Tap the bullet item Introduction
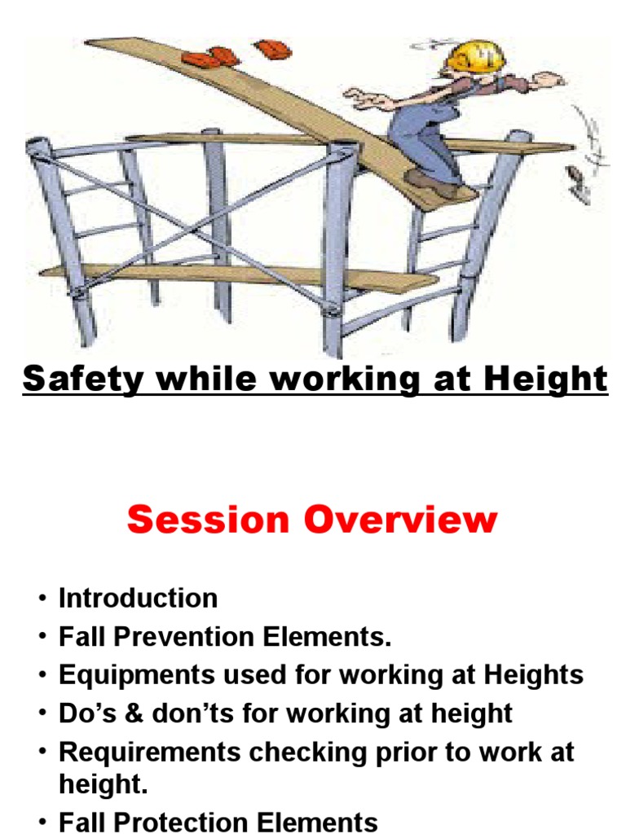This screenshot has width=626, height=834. (x=138, y=599)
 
